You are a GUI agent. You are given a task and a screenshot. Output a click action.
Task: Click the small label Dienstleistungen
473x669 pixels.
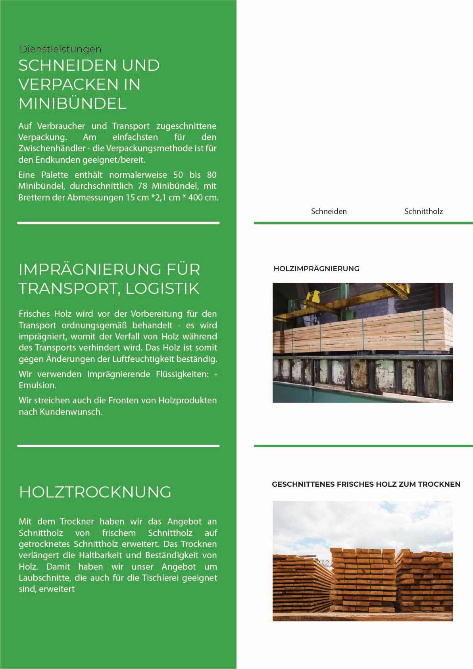coord(60,49)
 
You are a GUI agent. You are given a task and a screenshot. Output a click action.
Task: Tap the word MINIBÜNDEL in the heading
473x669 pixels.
coord(73,103)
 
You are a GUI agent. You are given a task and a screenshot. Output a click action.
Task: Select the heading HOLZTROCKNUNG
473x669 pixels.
coord(95,492)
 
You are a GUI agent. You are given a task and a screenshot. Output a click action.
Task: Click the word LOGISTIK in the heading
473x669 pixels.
coord(163,288)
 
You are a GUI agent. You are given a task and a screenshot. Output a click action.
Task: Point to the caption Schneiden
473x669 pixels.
coord(329,211)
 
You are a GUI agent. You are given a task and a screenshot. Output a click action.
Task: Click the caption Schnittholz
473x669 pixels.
coord(423,211)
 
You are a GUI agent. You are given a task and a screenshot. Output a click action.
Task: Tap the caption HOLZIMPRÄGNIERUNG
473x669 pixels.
coord(316,269)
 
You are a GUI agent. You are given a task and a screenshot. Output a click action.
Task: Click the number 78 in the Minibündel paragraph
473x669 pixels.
coord(142,186)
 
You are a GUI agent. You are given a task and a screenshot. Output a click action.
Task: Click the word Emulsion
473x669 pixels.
coord(37,385)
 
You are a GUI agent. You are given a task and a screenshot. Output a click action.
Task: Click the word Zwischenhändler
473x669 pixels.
coord(52,148)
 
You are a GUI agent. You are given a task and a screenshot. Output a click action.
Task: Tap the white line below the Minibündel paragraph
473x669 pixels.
coord(118,223)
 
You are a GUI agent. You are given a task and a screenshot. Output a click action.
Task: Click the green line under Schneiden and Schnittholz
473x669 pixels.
coord(363,223)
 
